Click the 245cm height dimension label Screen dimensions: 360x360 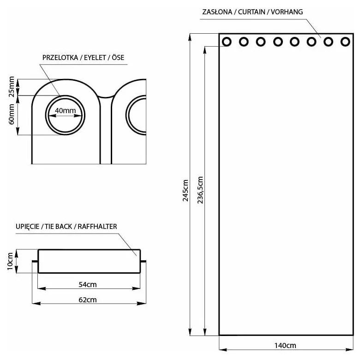point(186,191)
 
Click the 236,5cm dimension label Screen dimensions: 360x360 point(200,191)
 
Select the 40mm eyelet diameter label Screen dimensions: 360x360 point(65,111)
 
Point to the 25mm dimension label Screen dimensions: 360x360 point(12,86)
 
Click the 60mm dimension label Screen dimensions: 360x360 point(12,115)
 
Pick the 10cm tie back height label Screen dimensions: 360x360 point(10,262)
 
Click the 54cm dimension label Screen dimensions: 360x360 point(88,284)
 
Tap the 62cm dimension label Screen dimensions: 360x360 point(88,300)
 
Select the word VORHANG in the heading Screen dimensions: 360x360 point(287,12)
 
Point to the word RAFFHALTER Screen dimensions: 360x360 point(97,227)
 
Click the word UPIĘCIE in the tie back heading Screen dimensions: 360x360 point(27,227)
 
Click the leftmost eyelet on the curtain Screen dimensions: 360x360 point(227,42)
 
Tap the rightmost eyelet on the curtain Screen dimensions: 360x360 point(345,42)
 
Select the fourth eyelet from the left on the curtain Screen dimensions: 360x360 point(277,42)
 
